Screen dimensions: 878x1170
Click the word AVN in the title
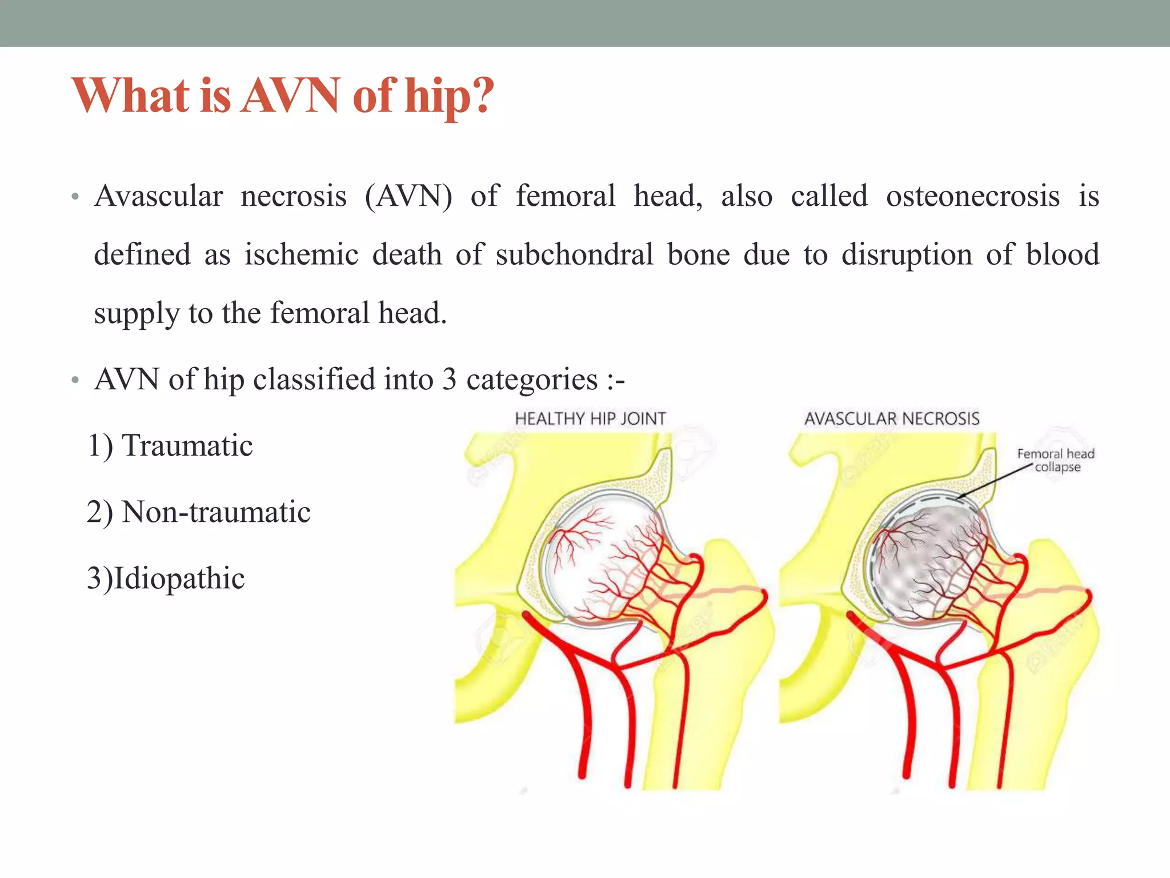pos(291,95)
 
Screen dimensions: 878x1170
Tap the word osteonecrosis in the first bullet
pos(972,196)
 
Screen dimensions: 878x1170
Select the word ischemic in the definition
pos(301,254)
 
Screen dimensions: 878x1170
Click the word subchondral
pos(574,254)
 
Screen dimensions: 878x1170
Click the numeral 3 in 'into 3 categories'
pos(450,379)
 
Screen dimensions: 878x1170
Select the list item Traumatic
pos(187,446)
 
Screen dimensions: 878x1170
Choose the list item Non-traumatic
pos(215,512)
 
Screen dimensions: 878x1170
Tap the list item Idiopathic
pos(179,578)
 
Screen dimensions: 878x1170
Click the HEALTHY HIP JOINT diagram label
pos(590,419)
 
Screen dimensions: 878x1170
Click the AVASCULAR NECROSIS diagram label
pos(892,419)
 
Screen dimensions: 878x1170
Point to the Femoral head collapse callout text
pos(1056,460)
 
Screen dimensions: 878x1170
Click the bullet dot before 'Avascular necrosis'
pos(74,198)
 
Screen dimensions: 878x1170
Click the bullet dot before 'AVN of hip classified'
pos(74,381)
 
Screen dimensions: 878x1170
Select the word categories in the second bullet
pos(532,380)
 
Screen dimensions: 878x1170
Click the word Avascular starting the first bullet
pos(158,196)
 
